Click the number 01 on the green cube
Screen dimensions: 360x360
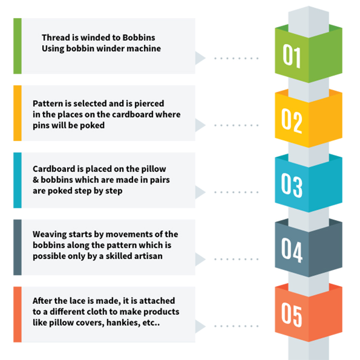[291, 56]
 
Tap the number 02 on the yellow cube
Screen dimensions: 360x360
[291, 121]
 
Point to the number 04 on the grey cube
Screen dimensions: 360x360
[292, 250]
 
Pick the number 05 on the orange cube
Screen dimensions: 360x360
[291, 315]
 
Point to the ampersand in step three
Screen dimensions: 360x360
[36, 180]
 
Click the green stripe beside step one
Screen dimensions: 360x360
[18, 46]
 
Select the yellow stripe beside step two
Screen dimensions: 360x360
[18, 113]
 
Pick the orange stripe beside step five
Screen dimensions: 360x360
[18, 314]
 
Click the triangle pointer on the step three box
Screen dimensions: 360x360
[200, 192]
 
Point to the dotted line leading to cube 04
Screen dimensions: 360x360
[236, 259]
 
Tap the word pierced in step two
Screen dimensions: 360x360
[149, 104]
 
